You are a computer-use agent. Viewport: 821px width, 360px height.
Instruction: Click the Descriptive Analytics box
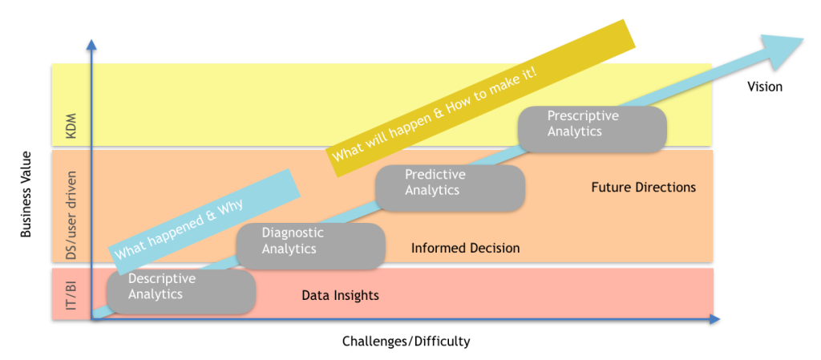coord(180,291)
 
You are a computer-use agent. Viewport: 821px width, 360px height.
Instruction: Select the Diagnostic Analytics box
coord(310,245)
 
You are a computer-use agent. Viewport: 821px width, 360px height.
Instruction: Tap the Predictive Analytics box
coord(450,188)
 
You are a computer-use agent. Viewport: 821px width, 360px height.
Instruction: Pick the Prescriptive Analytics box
coord(592,129)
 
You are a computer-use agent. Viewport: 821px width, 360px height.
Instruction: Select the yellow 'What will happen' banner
coord(481,95)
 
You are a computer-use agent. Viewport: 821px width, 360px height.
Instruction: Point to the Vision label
coord(764,87)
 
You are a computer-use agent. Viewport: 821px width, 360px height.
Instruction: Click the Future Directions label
coord(643,188)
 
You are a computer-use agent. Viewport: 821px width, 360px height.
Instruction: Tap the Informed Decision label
coord(465,249)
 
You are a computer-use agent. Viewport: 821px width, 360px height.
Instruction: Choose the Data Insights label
coord(340,296)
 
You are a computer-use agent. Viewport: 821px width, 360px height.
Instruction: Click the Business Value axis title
coord(26,194)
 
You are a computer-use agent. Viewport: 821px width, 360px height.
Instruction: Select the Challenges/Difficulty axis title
coord(406,342)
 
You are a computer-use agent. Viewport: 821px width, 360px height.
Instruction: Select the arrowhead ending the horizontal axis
coord(713,319)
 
